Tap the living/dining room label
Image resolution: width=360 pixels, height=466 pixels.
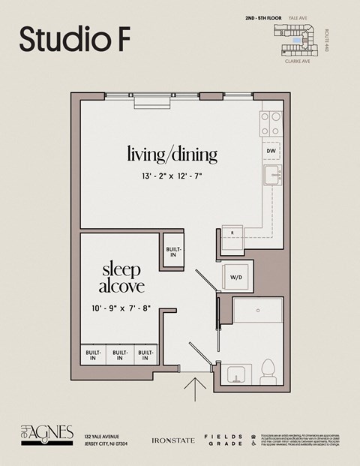click(x=172, y=155)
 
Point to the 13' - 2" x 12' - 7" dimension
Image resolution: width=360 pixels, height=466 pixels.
click(x=172, y=176)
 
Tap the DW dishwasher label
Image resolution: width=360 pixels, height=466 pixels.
click(x=271, y=151)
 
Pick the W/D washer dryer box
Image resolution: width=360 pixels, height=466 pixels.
click(x=236, y=277)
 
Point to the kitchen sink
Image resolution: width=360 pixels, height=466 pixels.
click(x=271, y=176)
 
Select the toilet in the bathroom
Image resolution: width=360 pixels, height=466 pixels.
click(x=267, y=370)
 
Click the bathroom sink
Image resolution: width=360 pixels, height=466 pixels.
click(x=238, y=373)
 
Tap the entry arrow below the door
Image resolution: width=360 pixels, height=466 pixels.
click(x=195, y=389)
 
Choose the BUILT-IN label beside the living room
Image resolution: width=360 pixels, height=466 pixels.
click(x=173, y=251)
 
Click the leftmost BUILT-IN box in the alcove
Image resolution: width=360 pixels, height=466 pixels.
click(x=94, y=354)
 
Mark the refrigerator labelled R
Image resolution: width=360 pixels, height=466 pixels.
click(x=232, y=234)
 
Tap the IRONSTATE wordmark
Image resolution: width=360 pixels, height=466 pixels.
click(x=174, y=440)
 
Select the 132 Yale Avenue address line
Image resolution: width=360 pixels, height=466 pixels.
click(x=102, y=436)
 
